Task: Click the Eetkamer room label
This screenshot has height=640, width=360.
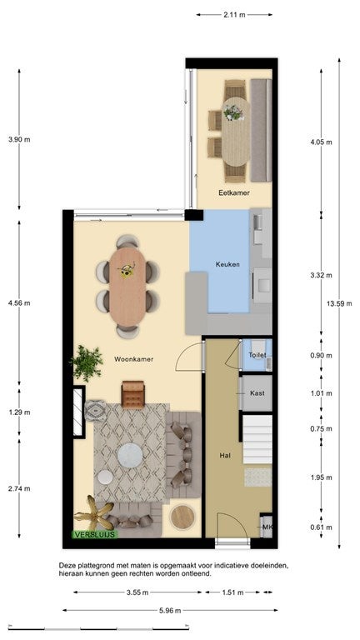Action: (x=234, y=192)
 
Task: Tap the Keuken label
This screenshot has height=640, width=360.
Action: (x=227, y=264)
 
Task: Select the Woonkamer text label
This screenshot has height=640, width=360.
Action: (x=134, y=359)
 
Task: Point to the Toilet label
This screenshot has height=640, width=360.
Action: (x=257, y=355)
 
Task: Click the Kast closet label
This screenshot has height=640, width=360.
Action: (x=257, y=393)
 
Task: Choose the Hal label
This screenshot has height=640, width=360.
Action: (x=225, y=455)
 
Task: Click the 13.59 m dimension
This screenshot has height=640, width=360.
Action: (x=339, y=303)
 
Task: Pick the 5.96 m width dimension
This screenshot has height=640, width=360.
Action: (x=170, y=611)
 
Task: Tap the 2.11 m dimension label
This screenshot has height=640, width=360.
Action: (x=234, y=15)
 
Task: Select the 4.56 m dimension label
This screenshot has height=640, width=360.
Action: (x=19, y=302)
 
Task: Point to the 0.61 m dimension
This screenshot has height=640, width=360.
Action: (x=321, y=527)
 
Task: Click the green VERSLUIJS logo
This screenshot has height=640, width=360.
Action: (x=95, y=534)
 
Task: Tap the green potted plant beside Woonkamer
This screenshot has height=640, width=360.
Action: (x=87, y=363)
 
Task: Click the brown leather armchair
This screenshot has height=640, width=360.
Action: (x=133, y=394)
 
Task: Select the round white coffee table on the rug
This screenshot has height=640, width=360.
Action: (x=130, y=456)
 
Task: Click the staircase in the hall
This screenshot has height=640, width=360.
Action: (x=257, y=439)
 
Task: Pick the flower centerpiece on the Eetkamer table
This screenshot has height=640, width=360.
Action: (x=233, y=112)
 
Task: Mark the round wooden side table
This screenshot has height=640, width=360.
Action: (x=182, y=517)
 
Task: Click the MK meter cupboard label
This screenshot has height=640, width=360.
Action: (x=267, y=527)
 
